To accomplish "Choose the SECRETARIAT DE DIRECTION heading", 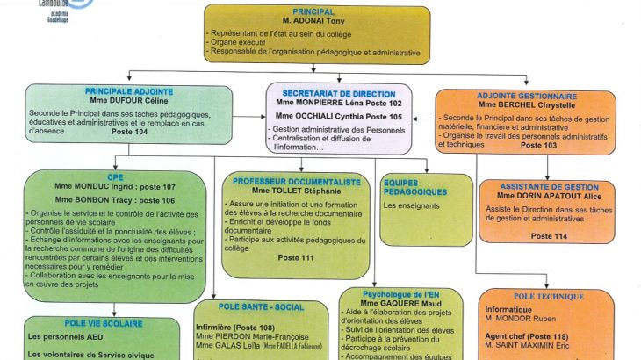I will (339, 92).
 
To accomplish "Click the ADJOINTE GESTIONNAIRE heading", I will (526, 96).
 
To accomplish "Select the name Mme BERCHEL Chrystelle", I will (528, 105).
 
